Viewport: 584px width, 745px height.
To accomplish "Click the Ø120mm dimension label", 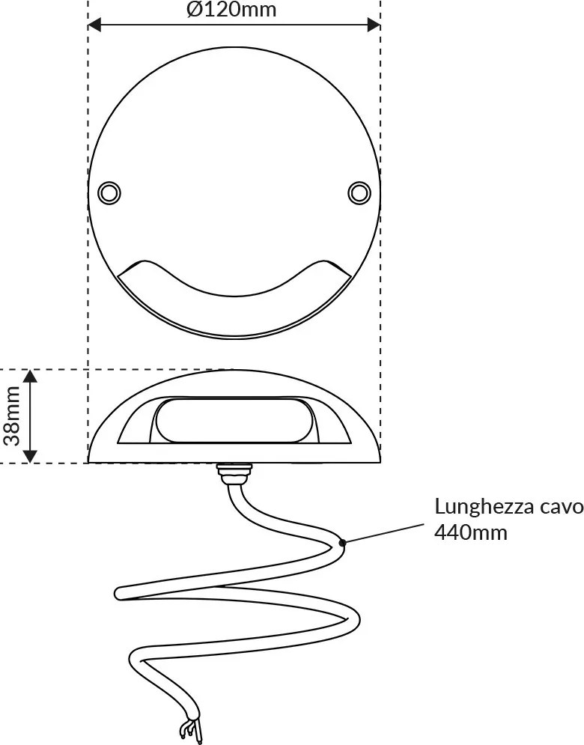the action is (x=231, y=10).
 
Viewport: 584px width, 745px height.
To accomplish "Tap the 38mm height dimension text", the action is (x=12, y=416).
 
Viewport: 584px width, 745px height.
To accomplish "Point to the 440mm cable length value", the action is (x=471, y=532).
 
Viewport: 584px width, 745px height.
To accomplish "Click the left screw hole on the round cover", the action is (x=109, y=192).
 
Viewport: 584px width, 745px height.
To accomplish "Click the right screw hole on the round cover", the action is (x=359, y=192).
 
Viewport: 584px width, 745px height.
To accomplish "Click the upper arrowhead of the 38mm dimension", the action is (x=30, y=377).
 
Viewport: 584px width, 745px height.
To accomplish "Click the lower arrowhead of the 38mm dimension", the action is (x=30, y=455).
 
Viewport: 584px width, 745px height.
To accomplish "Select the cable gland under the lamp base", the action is (x=234, y=472).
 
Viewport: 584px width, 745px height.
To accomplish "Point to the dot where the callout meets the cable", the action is (x=341, y=542).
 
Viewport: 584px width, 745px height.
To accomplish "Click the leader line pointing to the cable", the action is (x=383, y=533).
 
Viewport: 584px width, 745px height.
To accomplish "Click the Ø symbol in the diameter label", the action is (x=195, y=10).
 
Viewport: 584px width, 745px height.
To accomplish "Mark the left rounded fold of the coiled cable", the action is (x=121, y=593).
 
